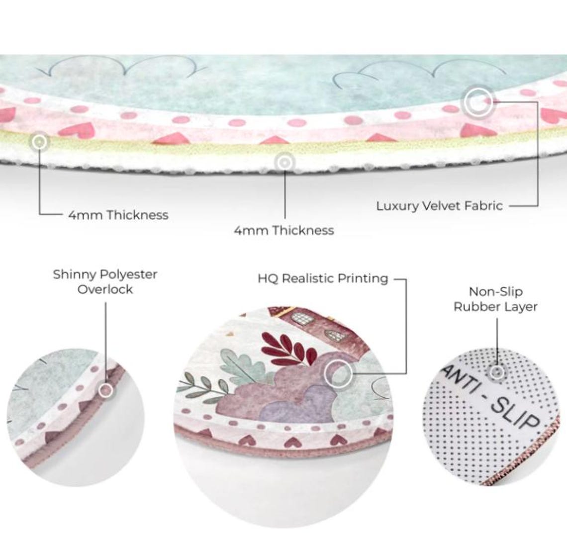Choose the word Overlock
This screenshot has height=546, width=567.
(x=105, y=289)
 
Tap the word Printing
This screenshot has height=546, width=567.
(x=363, y=279)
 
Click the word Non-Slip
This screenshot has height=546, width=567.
(x=496, y=291)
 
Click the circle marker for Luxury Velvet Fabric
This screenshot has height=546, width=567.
(x=478, y=101)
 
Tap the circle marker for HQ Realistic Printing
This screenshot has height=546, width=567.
(x=338, y=373)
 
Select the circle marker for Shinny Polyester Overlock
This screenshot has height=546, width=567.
(x=106, y=390)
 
